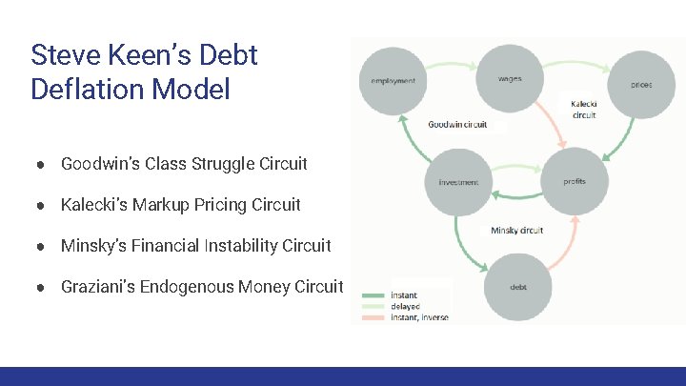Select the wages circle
pos(509,78)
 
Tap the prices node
pos(641,84)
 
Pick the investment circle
pos(458,182)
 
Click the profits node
pos(575,180)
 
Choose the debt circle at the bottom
pos(518,287)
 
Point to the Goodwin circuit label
pos(457,125)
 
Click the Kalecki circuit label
pos(584,110)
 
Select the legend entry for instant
pos(403,295)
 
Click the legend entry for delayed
pos(405,306)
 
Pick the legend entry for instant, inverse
pos(419,316)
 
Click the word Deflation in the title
pos(89,90)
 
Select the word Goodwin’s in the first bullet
pos(101,164)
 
